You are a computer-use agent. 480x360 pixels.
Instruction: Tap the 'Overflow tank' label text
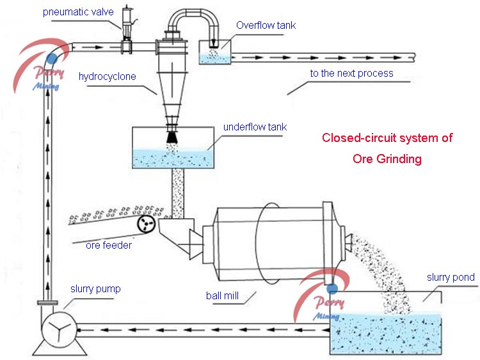tap(266, 26)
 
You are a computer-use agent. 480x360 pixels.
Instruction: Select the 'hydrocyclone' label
tap(107, 77)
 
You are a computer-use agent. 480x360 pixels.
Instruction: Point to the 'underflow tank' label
tap(255, 127)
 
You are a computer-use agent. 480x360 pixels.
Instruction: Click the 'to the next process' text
tap(351, 74)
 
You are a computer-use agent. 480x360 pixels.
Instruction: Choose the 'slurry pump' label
tap(95, 289)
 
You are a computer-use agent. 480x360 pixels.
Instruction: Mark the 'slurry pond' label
tap(451, 277)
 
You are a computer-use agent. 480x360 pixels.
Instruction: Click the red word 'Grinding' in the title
tap(387, 159)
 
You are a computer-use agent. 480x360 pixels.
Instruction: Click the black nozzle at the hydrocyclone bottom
tap(172, 136)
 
